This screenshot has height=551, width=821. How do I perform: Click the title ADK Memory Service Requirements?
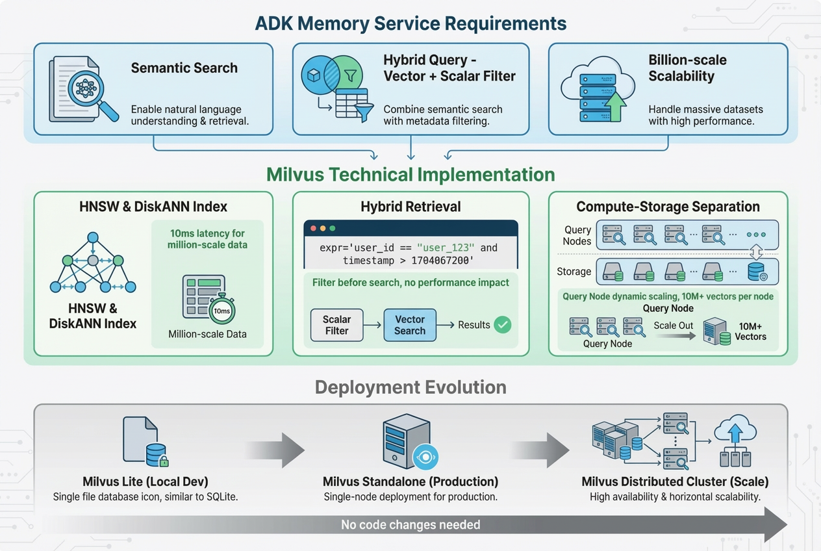[x=410, y=23]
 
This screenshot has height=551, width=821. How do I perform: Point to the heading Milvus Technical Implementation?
[x=410, y=175]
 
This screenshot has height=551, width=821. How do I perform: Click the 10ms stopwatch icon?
[x=221, y=310]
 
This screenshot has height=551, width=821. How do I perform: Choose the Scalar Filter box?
[x=336, y=325]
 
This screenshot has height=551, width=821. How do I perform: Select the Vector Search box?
[x=410, y=325]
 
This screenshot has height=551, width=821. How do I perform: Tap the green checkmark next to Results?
[x=502, y=325]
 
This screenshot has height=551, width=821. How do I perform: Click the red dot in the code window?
[x=313, y=229]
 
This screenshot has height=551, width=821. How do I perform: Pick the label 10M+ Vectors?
[x=750, y=331]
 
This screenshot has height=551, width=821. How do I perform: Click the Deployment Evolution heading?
[x=410, y=387]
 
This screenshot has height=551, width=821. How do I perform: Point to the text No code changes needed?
[x=410, y=524]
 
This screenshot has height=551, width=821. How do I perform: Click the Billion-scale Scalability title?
[x=687, y=68]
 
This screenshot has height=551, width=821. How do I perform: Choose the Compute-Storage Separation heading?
[x=668, y=207]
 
